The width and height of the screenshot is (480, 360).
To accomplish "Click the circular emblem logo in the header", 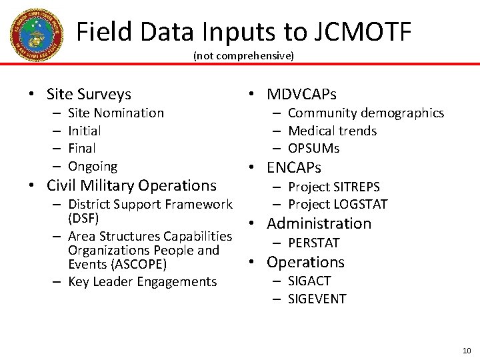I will (x=36, y=35).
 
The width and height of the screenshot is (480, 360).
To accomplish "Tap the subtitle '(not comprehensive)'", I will (x=243, y=56).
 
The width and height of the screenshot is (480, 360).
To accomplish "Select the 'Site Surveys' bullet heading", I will (x=89, y=94).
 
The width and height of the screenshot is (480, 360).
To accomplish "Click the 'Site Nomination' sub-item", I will (x=115, y=113).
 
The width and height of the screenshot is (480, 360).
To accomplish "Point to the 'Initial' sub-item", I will (x=85, y=131).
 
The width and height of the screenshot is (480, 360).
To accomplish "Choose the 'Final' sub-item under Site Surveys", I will (x=82, y=148).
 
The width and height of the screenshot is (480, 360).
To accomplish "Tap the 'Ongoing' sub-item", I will (x=93, y=166).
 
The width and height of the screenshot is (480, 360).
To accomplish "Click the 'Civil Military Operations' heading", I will (x=131, y=185).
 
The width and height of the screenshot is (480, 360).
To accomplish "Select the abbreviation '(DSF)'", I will (x=83, y=218).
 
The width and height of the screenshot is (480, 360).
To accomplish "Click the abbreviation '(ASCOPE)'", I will (x=117, y=265).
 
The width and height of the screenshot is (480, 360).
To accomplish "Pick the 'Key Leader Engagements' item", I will (x=142, y=282).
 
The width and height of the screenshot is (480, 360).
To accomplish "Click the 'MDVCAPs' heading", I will (x=301, y=94).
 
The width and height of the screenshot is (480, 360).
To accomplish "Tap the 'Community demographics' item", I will (x=365, y=113).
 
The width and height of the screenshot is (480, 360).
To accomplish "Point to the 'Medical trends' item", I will (x=332, y=131).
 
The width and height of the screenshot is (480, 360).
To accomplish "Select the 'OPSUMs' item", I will (x=313, y=148).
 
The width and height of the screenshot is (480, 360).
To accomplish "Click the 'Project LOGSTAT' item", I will (x=337, y=204).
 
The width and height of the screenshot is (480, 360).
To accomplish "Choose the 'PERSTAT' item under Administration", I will (x=313, y=243).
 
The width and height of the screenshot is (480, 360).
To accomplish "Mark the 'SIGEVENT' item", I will (x=317, y=299).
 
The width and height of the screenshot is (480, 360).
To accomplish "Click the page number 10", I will (x=466, y=351).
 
